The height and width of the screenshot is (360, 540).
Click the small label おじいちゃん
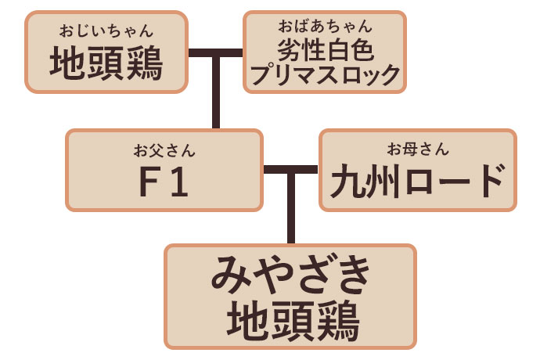(107, 32)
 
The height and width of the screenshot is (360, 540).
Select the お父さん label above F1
(164, 149)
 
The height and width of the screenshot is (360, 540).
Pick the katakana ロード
(450, 182)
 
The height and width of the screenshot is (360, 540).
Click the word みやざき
(290, 278)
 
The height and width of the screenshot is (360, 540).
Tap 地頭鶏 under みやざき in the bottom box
(290, 319)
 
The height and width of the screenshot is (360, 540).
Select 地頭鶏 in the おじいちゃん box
(107, 64)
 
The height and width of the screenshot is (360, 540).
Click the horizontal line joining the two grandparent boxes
(216, 54)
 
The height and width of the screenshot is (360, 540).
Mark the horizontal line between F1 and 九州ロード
(291, 170)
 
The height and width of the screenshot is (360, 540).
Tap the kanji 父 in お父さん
(164, 149)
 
